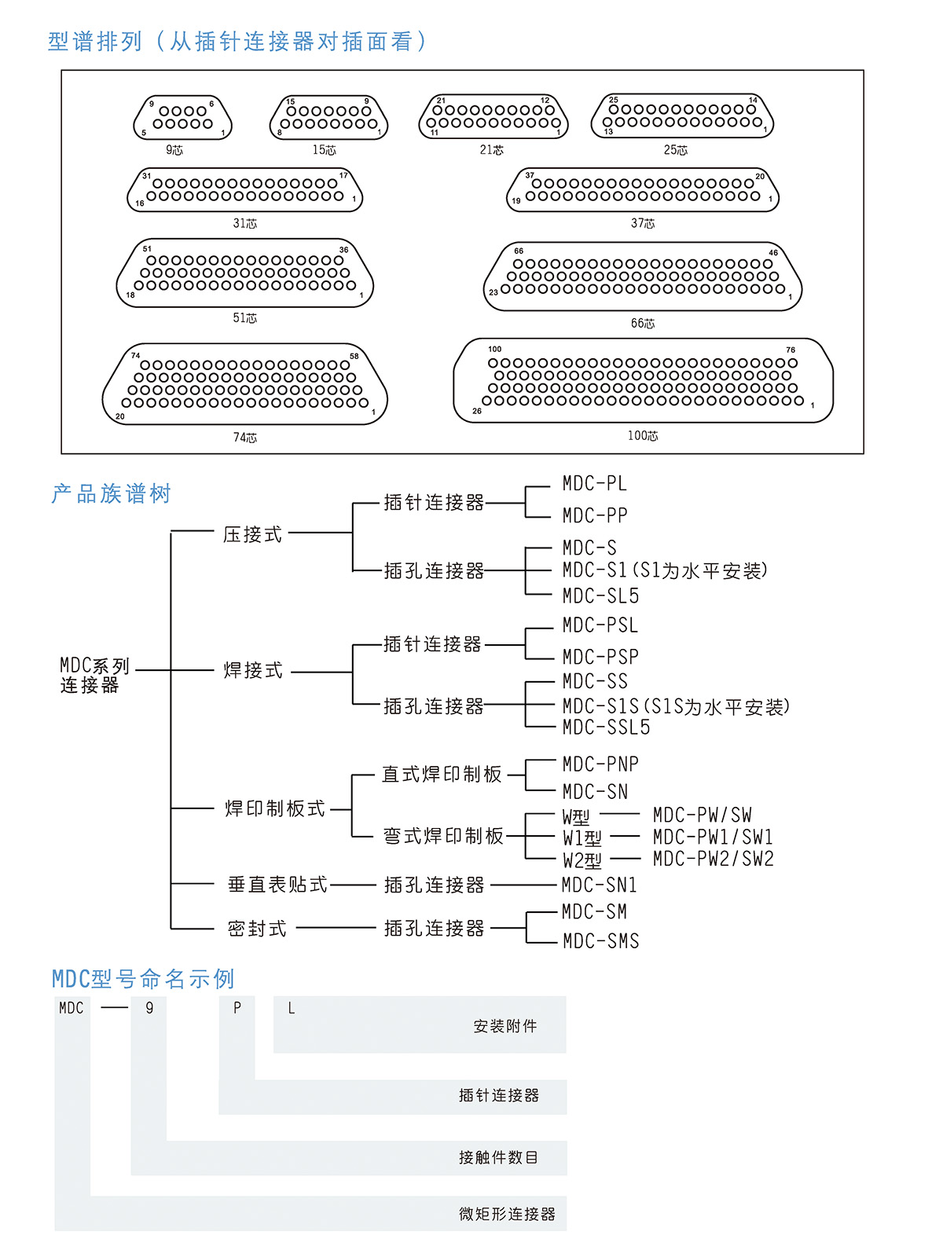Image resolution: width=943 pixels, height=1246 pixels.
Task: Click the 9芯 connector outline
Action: point(182,118)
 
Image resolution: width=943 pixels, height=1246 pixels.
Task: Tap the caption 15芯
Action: point(324,150)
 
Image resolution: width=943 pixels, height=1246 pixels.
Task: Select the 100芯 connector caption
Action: point(643,436)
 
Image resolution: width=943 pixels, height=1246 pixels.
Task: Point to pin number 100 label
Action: point(495,349)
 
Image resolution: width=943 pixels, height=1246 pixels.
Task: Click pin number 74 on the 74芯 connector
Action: point(136,356)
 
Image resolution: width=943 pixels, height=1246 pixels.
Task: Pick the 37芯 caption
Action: point(643,224)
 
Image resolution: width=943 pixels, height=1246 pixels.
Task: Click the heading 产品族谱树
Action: point(112,493)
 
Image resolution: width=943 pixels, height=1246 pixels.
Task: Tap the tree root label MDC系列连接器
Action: point(94,676)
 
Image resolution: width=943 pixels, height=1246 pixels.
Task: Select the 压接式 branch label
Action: point(252,535)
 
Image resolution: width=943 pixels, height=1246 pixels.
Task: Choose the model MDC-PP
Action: point(595,516)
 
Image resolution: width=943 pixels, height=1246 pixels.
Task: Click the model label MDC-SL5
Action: point(600,596)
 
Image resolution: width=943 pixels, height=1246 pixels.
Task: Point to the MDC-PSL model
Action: point(600,625)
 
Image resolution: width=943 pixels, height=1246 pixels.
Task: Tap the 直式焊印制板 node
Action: point(442,775)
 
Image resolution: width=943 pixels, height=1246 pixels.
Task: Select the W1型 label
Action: point(582,838)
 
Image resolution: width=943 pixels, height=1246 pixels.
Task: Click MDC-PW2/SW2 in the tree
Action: point(713,859)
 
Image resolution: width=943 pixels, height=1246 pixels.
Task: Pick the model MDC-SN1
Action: point(599,885)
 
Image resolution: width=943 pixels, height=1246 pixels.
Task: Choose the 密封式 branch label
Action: point(257,929)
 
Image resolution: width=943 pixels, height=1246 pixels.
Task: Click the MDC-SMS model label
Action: point(601,941)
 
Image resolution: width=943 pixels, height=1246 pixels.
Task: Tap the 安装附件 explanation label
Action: point(505,1026)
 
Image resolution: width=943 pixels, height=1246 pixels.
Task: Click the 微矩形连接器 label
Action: point(507,1214)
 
